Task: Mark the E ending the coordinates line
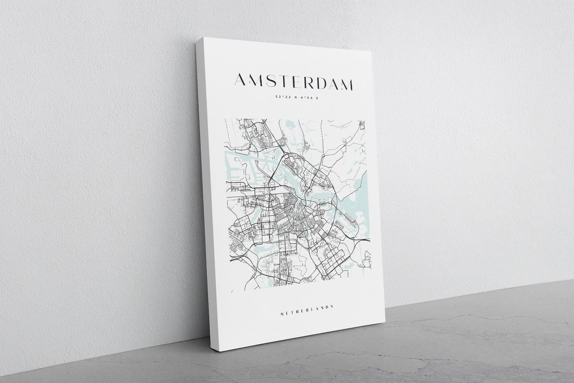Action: [x=317, y=98]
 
